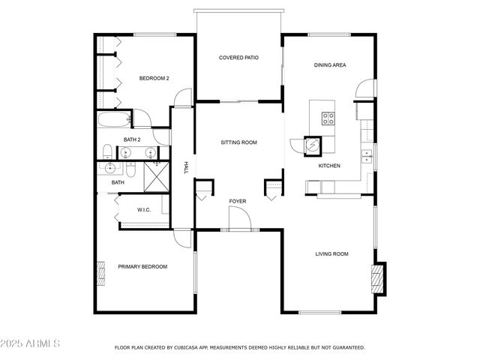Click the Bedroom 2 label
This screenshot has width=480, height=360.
click(154, 78)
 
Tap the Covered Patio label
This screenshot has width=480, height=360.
click(238, 58)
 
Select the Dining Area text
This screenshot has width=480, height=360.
click(329, 65)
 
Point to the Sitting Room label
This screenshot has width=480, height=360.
click(238, 142)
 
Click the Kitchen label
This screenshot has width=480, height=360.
click(329, 166)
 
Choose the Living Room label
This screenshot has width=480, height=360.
click(331, 254)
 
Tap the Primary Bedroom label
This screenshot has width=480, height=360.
click(142, 266)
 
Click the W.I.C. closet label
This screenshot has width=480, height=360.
click(144, 210)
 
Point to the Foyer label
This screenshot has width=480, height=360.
click(238, 201)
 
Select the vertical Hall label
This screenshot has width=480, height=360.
click(186, 168)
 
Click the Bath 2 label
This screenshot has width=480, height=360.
click(132, 139)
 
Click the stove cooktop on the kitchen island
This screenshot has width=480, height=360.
click(328, 118)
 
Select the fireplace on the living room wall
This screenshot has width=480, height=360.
click(379, 278)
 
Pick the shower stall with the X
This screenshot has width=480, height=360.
click(154, 176)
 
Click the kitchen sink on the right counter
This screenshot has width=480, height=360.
click(367, 155)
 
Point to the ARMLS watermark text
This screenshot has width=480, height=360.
click(31, 343)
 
